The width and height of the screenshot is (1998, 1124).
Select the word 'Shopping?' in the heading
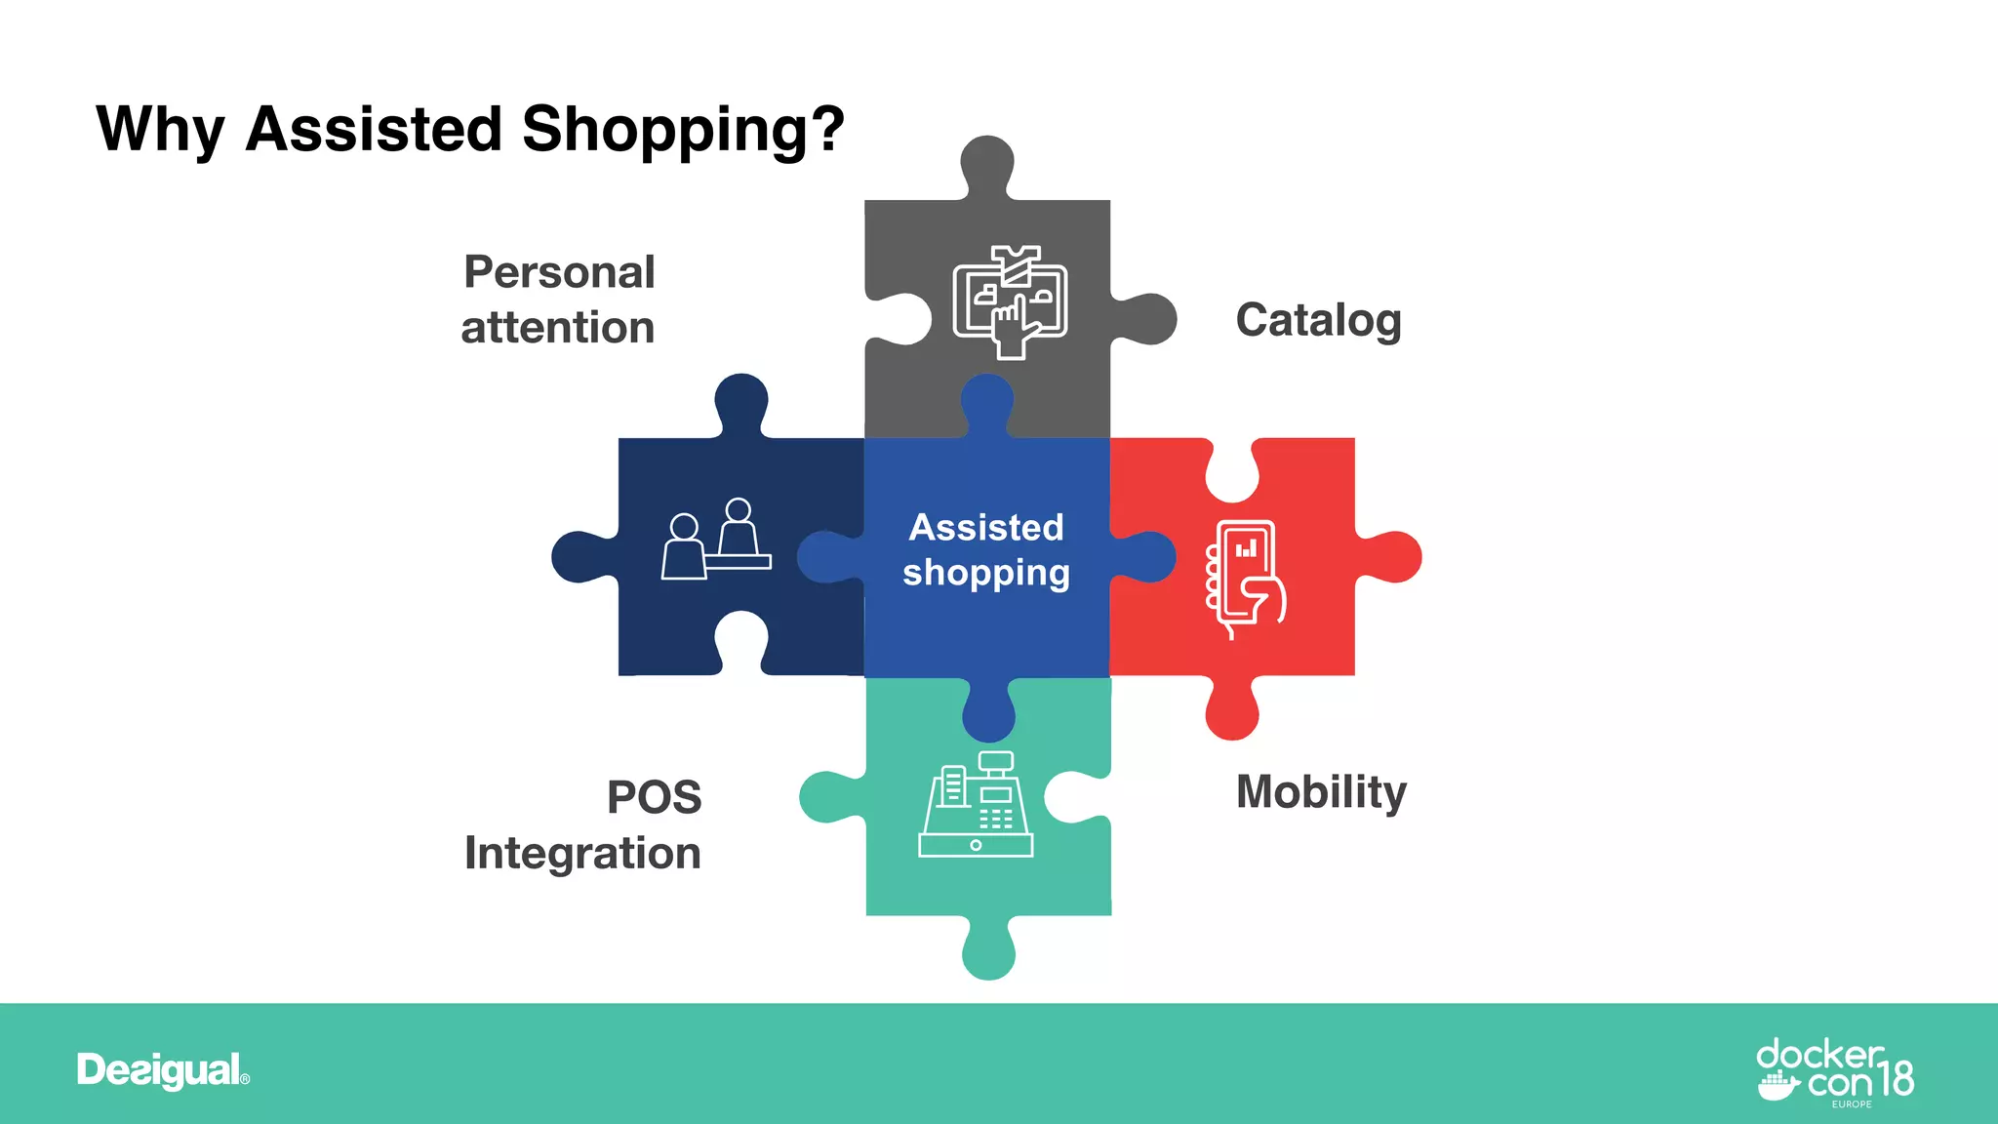(x=683, y=130)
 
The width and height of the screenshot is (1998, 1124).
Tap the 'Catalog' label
(x=1318, y=320)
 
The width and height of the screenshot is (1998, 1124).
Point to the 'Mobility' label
(x=1321, y=791)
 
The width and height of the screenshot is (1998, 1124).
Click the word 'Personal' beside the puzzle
(x=559, y=272)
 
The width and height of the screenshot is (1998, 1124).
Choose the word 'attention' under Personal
(x=557, y=328)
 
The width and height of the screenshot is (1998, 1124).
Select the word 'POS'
(x=654, y=797)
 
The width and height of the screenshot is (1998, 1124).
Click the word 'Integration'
(x=582, y=853)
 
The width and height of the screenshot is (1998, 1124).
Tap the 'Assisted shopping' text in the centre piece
(x=986, y=549)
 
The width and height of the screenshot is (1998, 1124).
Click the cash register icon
(x=976, y=805)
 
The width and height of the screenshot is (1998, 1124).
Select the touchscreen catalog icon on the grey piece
(x=1010, y=301)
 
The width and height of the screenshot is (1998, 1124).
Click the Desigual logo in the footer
(x=163, y=1070)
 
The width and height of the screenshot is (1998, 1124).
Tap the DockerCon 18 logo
(x=1834, y=1072)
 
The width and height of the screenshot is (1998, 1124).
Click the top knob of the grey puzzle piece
(x=987, y=162)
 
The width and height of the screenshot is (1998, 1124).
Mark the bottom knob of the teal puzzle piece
(x=988, y=952)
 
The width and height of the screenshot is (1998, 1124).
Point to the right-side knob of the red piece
(x=1394, y=557)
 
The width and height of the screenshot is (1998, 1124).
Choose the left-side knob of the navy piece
(x=578, y=557)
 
